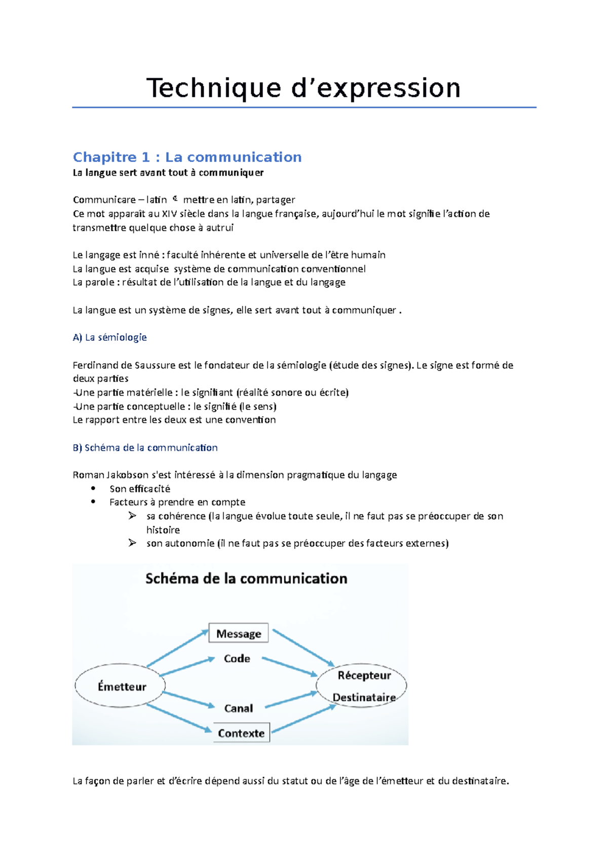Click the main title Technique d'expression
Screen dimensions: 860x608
pos(303,88)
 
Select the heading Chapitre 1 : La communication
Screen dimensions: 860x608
pos(187,157)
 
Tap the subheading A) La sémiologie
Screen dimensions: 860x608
pos(109,337)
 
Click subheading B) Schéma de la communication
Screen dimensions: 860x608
pos(145,448)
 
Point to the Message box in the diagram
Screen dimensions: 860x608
pos(239,634)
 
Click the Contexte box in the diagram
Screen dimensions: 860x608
pos(241,733)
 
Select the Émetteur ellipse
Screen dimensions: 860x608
pos(121,686)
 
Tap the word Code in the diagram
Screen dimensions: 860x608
pos(237,658)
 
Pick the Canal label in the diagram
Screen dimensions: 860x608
pos(238,708)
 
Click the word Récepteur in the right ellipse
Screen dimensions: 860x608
pos(364,675)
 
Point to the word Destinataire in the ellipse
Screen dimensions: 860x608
pos(364,697)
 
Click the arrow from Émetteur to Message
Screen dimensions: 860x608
pos(177,648)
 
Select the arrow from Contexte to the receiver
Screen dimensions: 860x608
pos(304,719)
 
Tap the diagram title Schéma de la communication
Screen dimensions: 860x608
pos(246,578)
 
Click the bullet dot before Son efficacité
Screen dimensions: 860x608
pos(93,488)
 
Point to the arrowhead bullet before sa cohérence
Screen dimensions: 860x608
pos(132,516)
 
